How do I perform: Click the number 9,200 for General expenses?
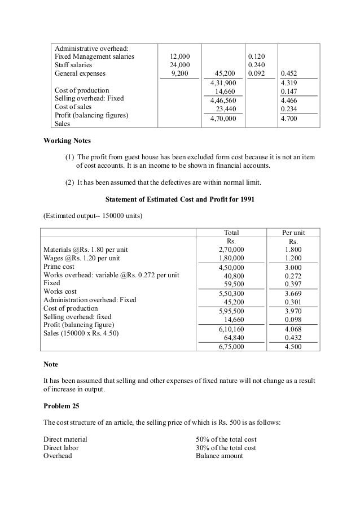click(180, 73)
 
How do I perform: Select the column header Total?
click(231, 232)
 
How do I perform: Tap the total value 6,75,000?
click(231, 347)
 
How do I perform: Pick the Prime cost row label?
click(59, 266)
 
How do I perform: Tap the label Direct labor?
click(61, 447)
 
